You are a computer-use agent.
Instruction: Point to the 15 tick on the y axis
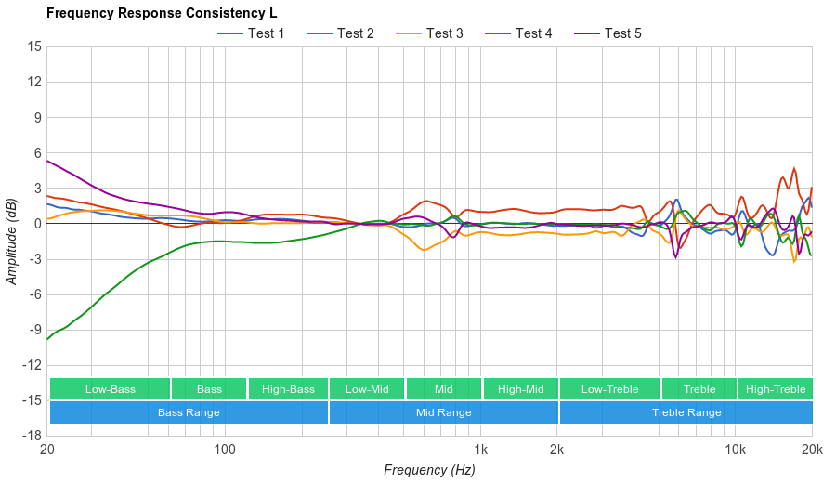[x=34, y=46]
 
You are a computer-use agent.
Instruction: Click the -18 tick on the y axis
[x=33, y=435]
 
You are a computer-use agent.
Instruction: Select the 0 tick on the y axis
[x=37, y=223]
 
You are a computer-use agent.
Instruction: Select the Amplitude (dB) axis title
[x=12, y=241]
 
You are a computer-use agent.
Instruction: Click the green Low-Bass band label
[x=111, y=389]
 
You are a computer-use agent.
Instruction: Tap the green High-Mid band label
[x=520, y=389]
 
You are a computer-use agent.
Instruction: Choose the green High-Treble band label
[x=776, y=389]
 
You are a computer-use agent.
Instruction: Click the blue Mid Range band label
[x=443, y=412]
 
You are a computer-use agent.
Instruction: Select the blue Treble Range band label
[x=686, y=412]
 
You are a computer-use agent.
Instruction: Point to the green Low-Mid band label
[x=367, y=389]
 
